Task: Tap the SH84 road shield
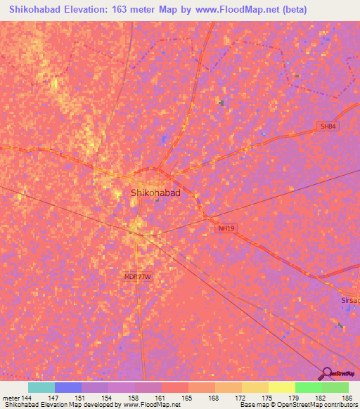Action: [x=327, y=126]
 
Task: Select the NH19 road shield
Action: [x=226, y=228]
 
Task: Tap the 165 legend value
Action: [x=187, y=397]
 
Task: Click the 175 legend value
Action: [x=267, y=397]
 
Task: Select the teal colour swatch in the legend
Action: [x=41, y=387]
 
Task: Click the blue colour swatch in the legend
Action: [x=68, y=387]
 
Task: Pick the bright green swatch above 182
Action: [x=309, y=387]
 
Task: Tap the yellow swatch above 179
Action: [x=281, y=387]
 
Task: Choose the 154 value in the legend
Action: [x=107, y=397]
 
